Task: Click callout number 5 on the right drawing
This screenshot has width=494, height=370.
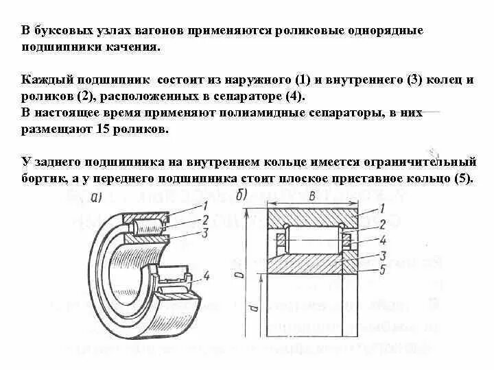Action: [x=383, y=269]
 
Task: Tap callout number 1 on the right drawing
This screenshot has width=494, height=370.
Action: [x=383, y=210]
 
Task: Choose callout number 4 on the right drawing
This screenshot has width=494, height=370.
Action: [x=383, y=240]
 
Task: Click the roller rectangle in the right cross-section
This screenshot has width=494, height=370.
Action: [x=313, y=240]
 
